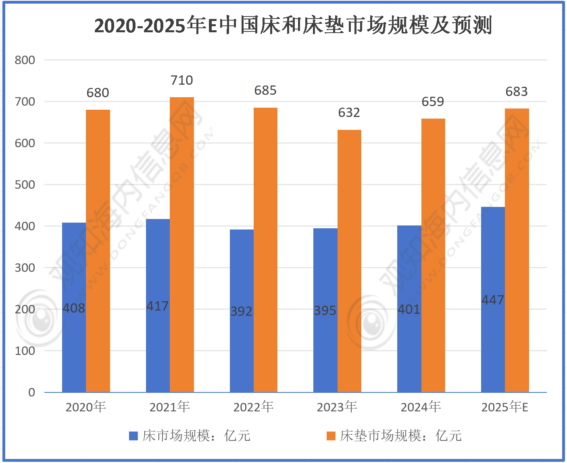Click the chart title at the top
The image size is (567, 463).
[293, 25]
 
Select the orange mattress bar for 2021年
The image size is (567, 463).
[182, 242]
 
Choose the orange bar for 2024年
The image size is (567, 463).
[433, 254]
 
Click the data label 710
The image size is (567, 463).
[182, 80]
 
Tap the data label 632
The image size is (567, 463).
[349, 113]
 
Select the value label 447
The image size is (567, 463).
[493, 300]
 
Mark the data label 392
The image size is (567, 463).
[241, 311]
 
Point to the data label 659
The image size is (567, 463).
[433, 102]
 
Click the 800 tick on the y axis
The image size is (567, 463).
[25, 60]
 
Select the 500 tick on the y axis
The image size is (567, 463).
[25, 185]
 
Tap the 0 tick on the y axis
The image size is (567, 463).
[31, 392]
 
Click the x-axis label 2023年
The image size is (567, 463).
[337, 407]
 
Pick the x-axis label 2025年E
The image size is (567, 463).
[504, 407]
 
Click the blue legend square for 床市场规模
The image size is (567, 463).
[133, 436]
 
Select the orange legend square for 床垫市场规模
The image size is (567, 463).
[331, 436]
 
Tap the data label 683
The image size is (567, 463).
[517, 92]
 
